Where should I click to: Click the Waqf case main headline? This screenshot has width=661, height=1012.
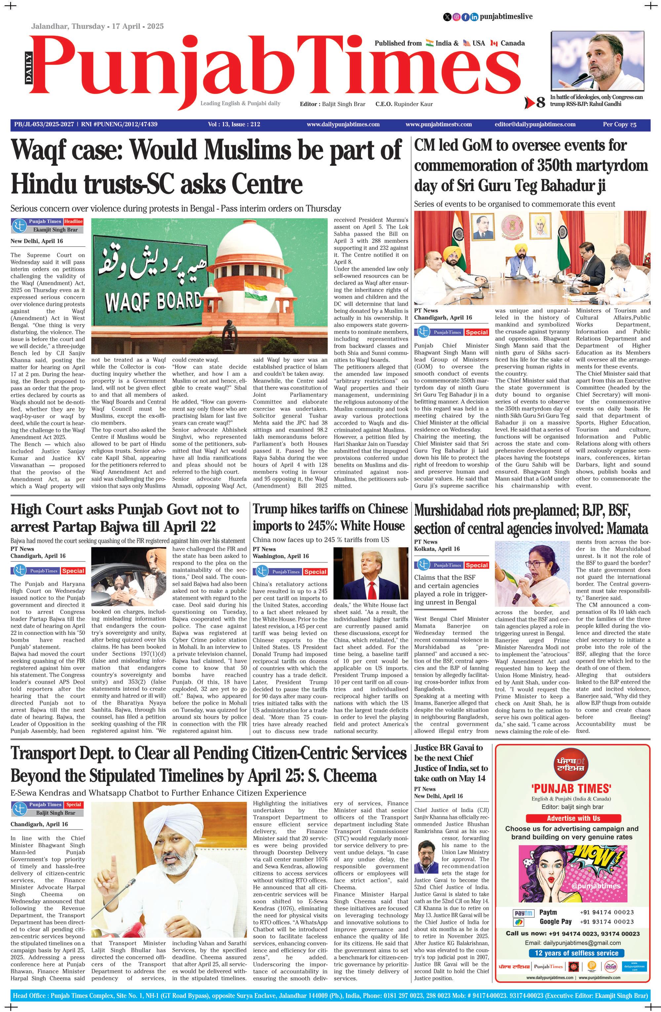pyautogui.click(x=206, y=167)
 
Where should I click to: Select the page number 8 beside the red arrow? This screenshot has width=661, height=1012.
pyautogui.click(x=540, y=103)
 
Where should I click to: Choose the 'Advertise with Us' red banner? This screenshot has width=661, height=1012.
pyautogui.click(x=573, y=818)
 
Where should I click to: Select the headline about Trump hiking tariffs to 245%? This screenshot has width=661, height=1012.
pyautogui.click(x=330, y=517)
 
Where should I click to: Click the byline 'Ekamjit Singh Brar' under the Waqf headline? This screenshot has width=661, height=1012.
pyautogui.click(x=55, y=230)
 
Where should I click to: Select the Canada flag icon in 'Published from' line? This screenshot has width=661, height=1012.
pyautogui.click(x=494, y=43)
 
